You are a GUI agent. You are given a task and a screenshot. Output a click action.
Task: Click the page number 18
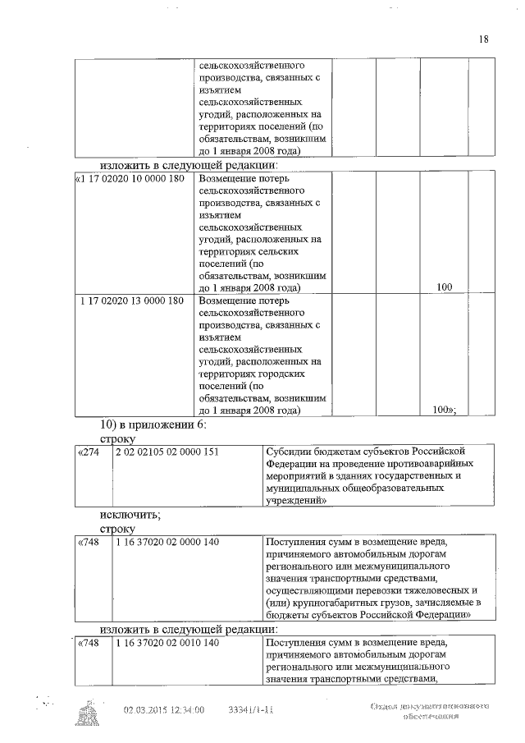pyautogui.click(x=483, y=39)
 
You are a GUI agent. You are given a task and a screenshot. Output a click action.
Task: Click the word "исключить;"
pyautogui.click(x=130, y=515)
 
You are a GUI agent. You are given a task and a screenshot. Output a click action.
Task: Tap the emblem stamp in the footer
pyautogui.click(x=88, y=713)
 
